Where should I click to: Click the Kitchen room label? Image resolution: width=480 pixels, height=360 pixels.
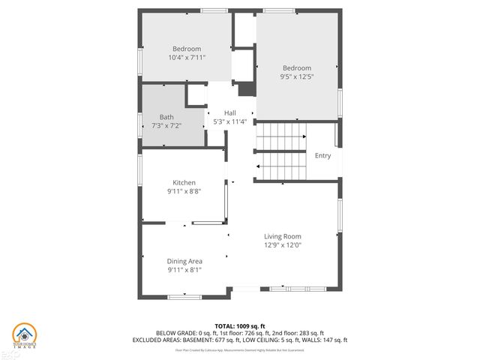pos(184,182)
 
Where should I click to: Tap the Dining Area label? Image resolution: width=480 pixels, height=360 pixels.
pos(184,261)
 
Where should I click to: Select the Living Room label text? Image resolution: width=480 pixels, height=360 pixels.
pos(282,236)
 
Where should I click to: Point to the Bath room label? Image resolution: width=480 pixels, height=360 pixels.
pos(166,117)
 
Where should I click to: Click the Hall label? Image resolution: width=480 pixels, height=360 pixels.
pos(229,112)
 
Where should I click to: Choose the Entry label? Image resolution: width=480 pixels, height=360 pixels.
pos(322,156)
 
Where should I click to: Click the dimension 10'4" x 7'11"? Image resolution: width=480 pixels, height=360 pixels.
pos(187,57)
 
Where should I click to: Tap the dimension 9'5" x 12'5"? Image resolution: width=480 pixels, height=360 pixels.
pos(296,75)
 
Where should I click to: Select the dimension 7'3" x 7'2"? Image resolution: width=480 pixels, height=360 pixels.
pos(166,125)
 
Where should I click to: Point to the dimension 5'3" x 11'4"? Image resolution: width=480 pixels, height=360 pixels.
pos(229,121)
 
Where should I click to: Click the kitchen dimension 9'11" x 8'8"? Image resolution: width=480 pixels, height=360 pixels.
pos(184,191)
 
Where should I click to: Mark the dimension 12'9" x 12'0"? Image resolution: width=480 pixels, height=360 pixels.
pos(282,244)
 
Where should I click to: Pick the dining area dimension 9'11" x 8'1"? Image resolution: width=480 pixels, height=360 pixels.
pos(184,269)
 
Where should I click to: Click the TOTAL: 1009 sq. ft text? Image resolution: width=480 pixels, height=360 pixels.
pos(240,325)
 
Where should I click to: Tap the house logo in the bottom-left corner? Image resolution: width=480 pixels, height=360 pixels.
pos(25,335)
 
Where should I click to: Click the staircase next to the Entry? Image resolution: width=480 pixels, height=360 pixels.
pos(281,153)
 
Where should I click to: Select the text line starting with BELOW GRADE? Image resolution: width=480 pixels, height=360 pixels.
pos(240,332)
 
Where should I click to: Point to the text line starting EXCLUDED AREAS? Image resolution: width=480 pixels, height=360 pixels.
pos(240,340)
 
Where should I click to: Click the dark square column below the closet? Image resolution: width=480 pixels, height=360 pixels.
pos(247,89)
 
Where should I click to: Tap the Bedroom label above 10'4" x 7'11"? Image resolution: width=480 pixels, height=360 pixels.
pos(187,49)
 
